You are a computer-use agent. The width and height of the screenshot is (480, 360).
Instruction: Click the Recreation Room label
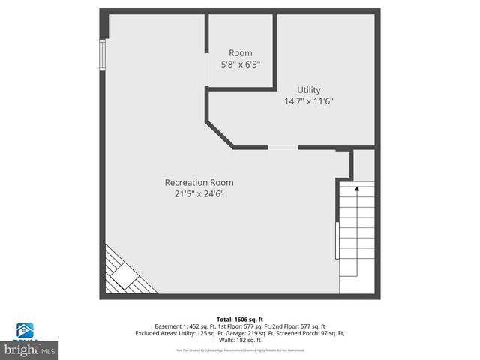pyautogui.click(x=199, y=182)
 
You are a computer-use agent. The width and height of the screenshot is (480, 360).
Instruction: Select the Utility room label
pyautogui.click(x=308, y=90)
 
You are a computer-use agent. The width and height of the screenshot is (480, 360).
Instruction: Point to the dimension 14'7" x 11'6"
pyautogui.click(x=308, y=101)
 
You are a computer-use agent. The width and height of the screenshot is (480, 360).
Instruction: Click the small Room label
pyautogui.click(x=241, y=53)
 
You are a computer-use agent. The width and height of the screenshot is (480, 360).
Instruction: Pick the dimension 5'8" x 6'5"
pyautogui.click(x=241, y=64)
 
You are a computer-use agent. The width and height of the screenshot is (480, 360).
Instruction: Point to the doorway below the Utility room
pyautogui.click(x=283, y=148)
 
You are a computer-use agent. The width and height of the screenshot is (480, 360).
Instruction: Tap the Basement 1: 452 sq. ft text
pyautogui.click(x=182, y=326)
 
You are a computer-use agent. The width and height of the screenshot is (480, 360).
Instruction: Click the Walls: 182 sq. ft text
pyautogui.click(x=240, y=340)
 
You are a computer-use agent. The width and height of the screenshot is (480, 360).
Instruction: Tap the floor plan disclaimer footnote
pyautogui.click(x=239, y=349)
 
